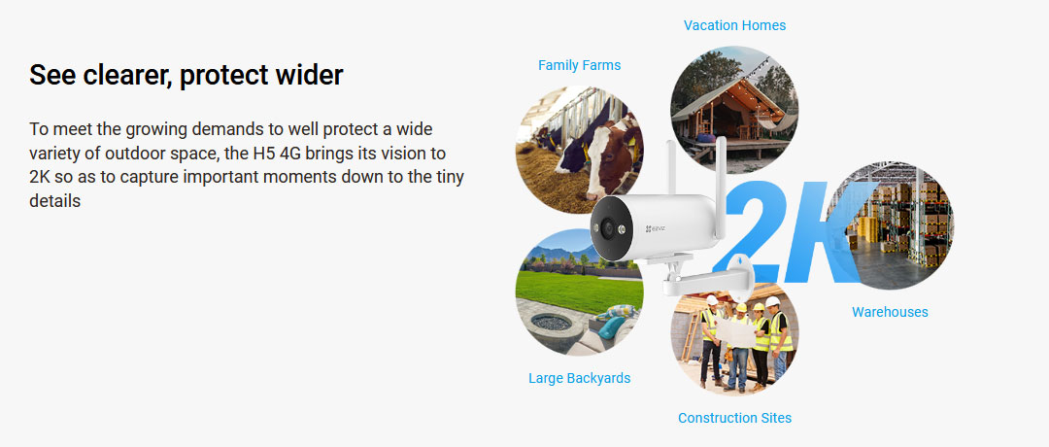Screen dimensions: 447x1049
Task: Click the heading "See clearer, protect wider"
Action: click(x=186, y=75)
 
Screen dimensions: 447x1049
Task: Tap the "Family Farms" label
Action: click(x=579, y=65)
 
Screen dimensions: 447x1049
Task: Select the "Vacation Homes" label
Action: click(x=734, y=25)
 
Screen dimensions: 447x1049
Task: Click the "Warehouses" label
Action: click(x=890, y=312)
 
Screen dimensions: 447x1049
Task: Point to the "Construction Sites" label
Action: click(x=734, y=418)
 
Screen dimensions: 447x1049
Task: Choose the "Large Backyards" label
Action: click(x=579, y=378)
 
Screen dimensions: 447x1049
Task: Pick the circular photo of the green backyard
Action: click(x=573, y=296)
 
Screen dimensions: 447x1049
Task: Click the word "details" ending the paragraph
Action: click(x=54, y=201)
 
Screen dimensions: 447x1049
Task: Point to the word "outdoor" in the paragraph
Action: click(x=113, y=154)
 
